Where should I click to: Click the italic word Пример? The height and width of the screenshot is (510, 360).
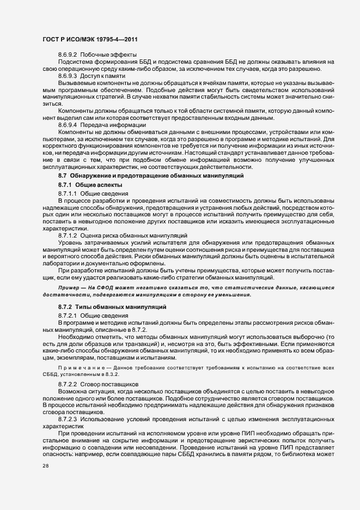click(x=70, y=287)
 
